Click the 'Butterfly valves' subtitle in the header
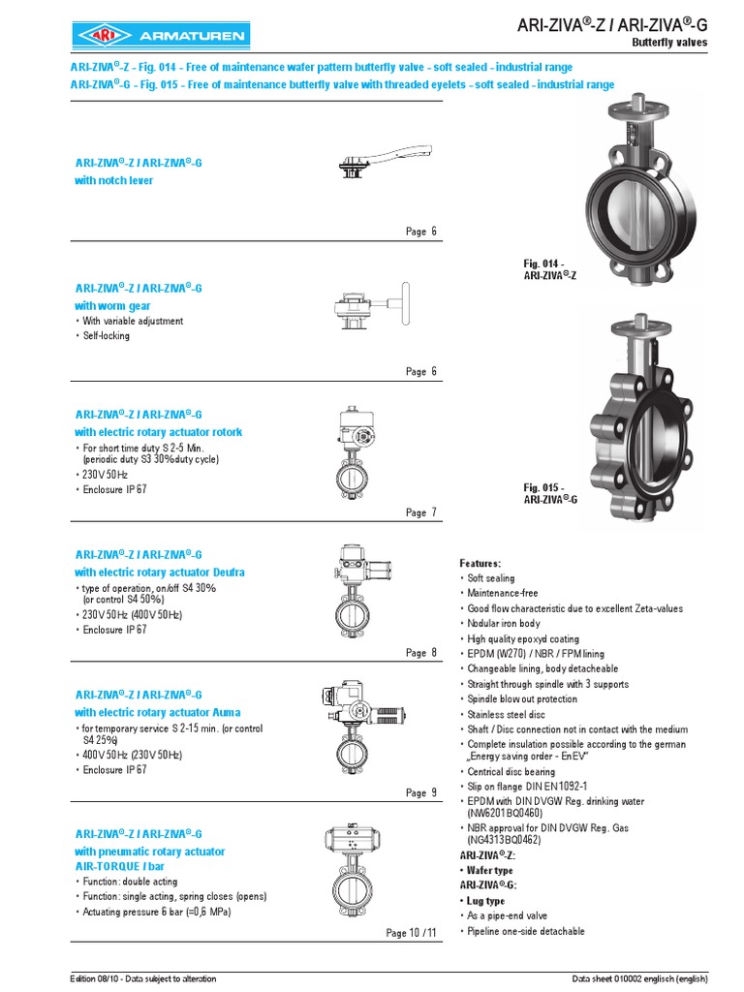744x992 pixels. click(x=669, y=43)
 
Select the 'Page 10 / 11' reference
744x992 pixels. click(x=412, y=933)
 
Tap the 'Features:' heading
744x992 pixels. click(x=480, y=563)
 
